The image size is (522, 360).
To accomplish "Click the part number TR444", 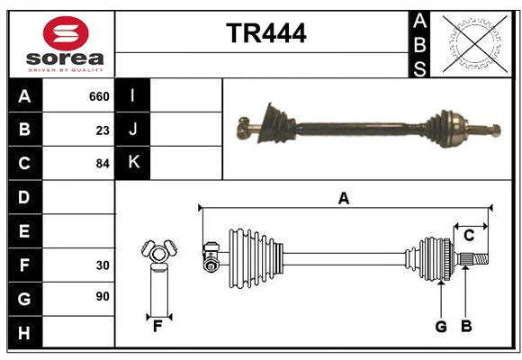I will pos(265,33).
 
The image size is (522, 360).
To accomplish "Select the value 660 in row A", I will pos(98,96).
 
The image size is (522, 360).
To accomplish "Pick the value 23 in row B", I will pos(103,130).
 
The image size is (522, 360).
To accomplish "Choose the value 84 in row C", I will pos(102,164).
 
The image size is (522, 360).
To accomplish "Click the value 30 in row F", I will pos(102,265).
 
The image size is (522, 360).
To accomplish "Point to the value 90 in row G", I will pos(102,296).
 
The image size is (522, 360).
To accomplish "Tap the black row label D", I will pos(24,197).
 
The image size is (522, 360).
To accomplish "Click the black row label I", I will pos(133,96).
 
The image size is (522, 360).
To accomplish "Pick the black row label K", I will pos(133,163).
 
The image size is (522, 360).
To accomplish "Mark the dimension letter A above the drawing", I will pos(343,198).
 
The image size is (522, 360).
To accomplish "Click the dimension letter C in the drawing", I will pos(469,236).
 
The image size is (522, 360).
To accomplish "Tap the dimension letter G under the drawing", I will pos(441,326).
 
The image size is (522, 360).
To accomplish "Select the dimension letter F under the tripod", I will pos(157,326).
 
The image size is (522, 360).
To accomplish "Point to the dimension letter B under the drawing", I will pos(466,326).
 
